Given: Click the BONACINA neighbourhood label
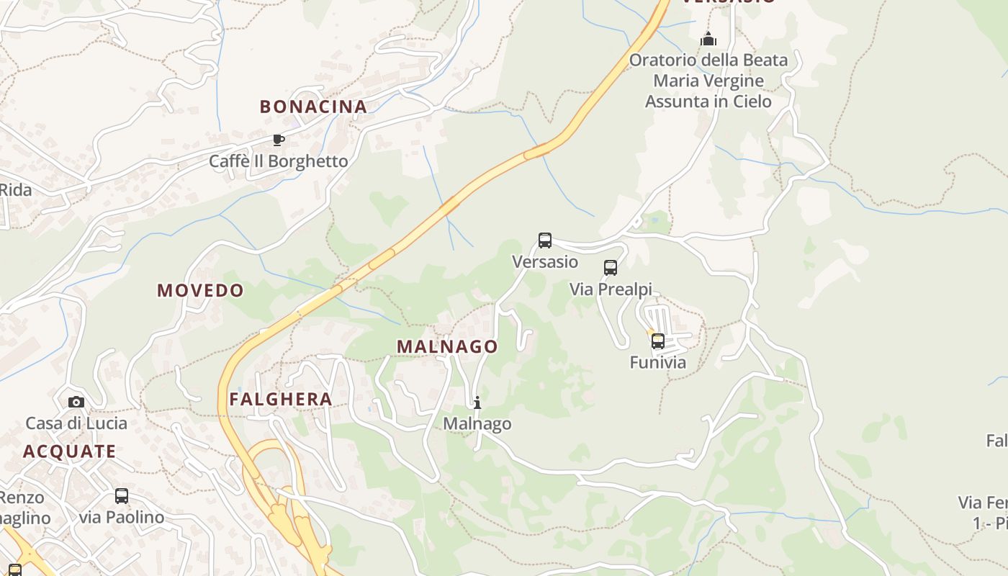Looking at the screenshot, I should (x=313, y=107).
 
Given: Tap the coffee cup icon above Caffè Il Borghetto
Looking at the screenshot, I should (x=278, y=140).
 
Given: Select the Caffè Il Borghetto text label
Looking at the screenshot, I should (x=278, y=161).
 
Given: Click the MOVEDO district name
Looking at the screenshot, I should (x=201, y=290).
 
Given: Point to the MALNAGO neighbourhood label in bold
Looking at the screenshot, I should (x=447, y=346).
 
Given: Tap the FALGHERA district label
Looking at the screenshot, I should (x=281, y=399).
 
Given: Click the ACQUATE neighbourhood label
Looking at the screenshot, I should (x=69, y=451).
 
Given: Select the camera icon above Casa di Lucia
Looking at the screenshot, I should (x=76, y=402).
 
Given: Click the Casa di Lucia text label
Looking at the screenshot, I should (x=76, y=423).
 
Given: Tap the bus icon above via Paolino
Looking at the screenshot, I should (x=122, y=496).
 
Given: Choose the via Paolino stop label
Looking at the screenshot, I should (x=122, y=517).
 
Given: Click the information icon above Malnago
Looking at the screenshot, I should (x=477, y=402).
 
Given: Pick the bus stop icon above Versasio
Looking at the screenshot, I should (x=545, y=240).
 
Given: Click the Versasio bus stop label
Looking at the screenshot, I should (x=545, y=261).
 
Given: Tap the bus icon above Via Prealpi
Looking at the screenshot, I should (x=611, y=268).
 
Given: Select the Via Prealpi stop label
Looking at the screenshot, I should (x=611, y=289).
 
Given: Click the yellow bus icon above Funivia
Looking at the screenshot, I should (x=658, y=341).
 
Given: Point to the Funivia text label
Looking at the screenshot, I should (x=658, y=362).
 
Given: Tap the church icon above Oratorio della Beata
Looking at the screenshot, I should (x=708, y=39).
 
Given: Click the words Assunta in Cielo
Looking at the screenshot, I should (x=708, y=102).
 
